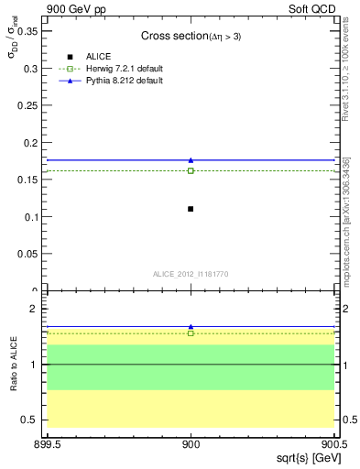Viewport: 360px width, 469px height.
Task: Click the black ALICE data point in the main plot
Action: click(x=191, y=209)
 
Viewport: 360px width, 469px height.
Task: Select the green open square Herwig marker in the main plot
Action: click(x=191, y=170)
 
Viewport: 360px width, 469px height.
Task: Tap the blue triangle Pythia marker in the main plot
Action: click(x=191, y=160)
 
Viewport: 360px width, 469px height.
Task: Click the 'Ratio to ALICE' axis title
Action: click(x=13, y=365)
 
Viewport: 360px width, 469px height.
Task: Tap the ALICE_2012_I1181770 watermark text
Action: click(x=191, y=273)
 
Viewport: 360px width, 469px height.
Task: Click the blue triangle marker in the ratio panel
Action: click(x=191, y=326)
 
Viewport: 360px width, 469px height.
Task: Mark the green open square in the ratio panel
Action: click(x=191, y=333)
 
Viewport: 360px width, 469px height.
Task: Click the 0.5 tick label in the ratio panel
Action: click(x=31, y=420)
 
